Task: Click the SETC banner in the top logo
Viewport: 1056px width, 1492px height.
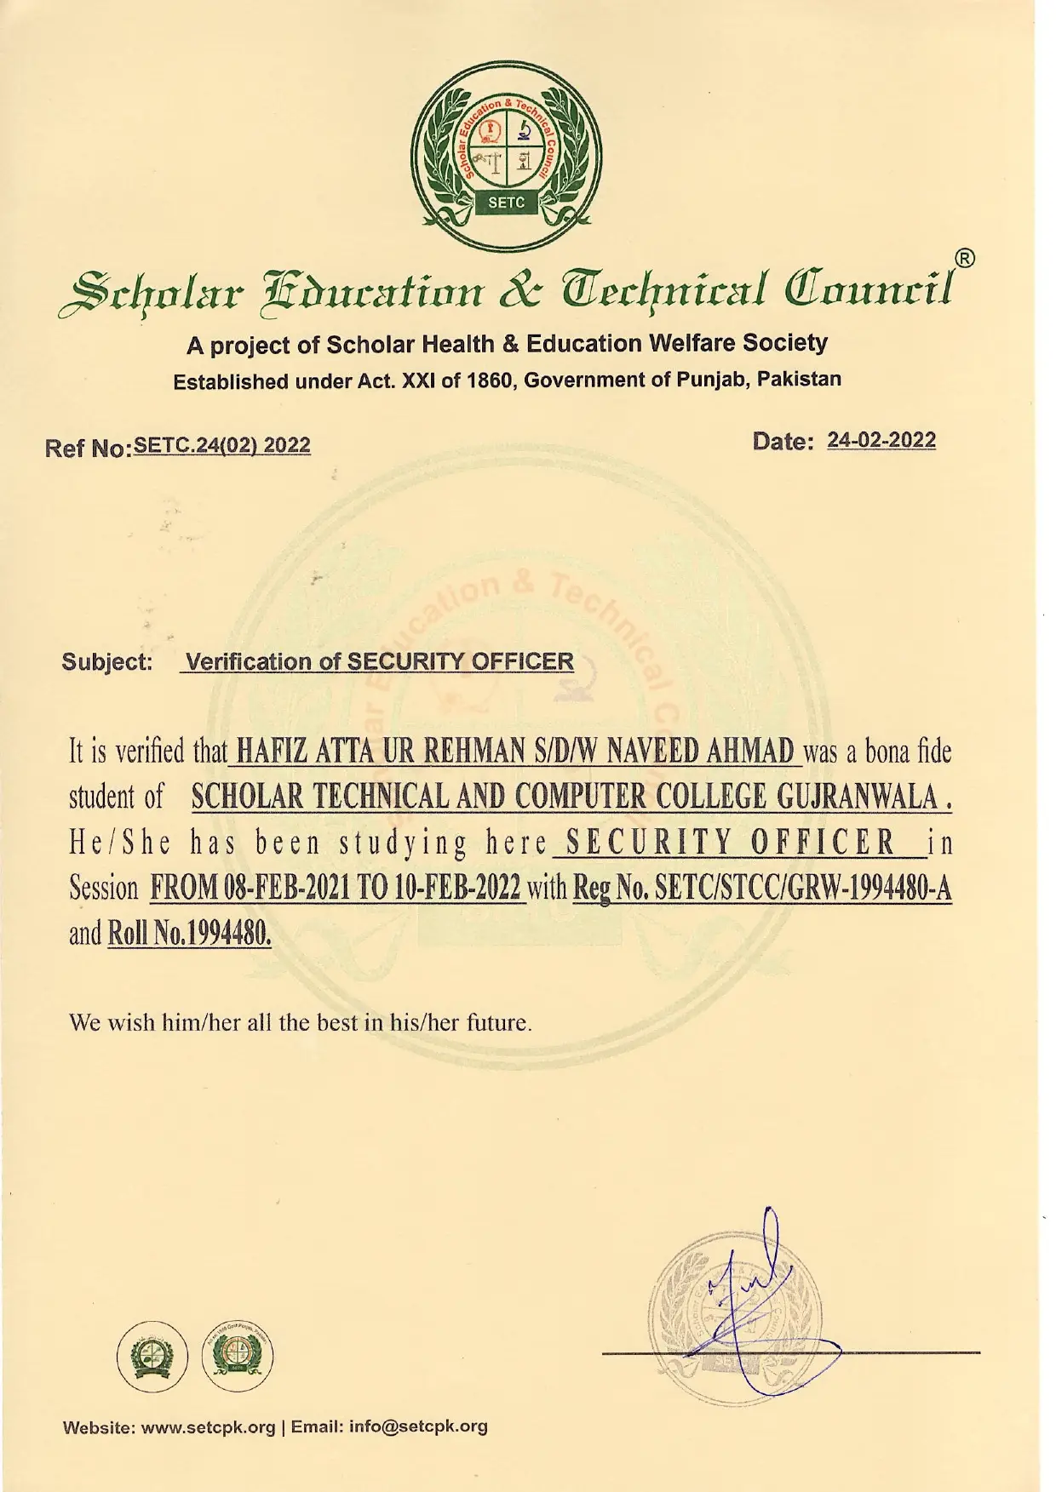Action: coord(506,203)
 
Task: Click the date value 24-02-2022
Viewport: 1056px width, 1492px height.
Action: coord(881,440)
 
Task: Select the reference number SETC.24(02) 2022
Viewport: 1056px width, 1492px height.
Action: coord(222,445)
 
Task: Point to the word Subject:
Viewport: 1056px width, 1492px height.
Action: coord(106,662)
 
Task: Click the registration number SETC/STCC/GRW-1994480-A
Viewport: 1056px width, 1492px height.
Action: coord(804,888)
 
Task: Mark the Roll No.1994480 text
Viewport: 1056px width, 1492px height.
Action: coord(189,934)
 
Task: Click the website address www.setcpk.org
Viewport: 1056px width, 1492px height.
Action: coord(208,1427)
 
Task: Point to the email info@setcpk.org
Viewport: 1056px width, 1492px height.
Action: coord(417,1426)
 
